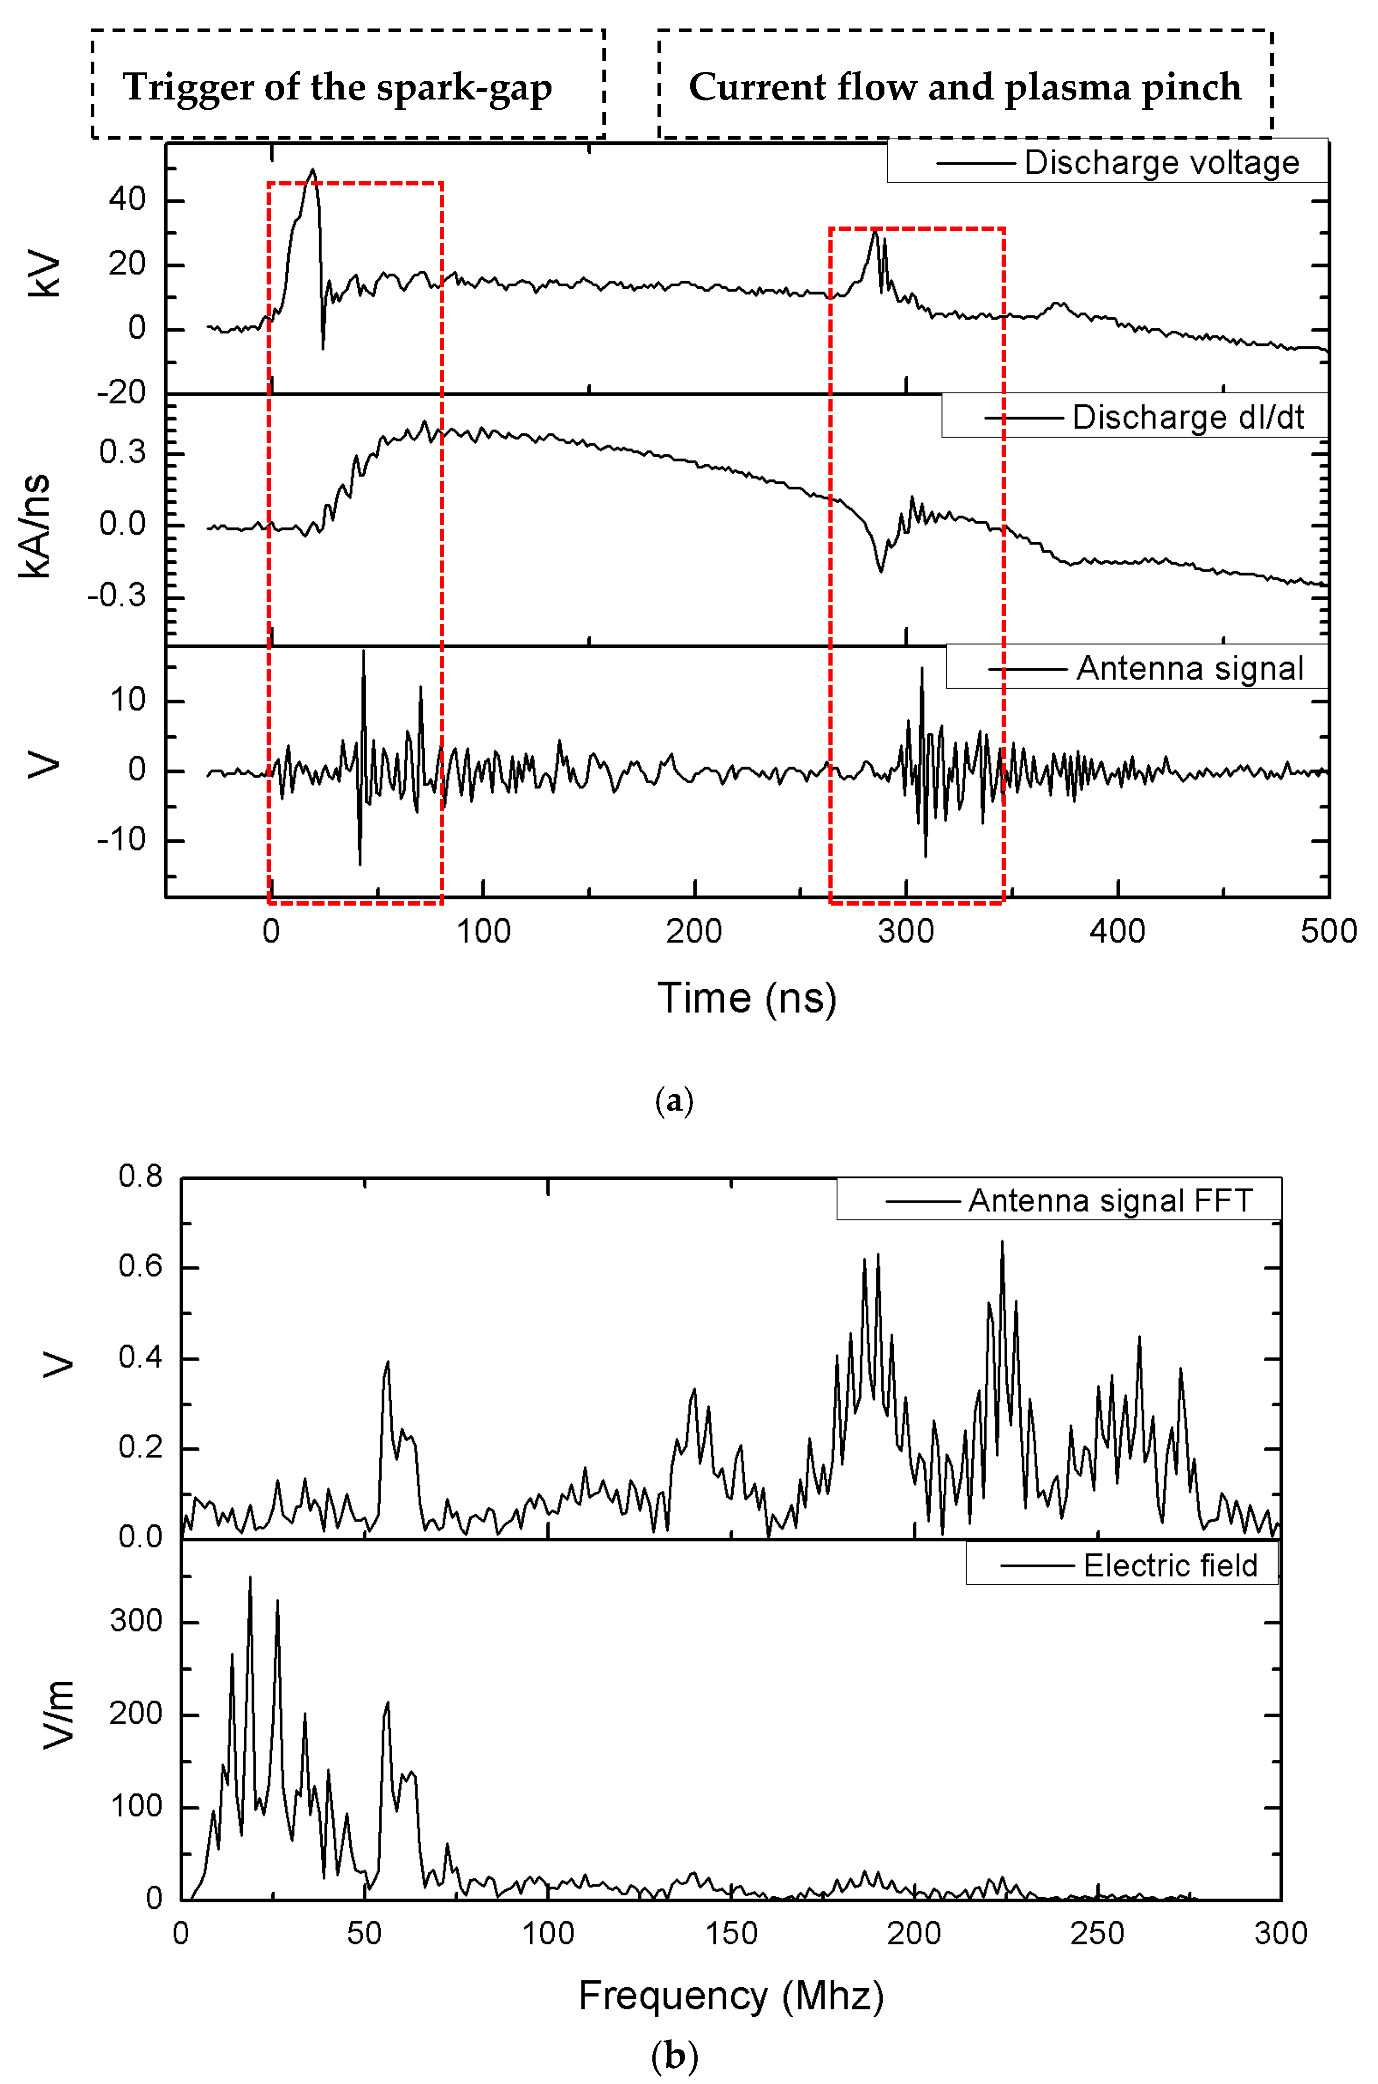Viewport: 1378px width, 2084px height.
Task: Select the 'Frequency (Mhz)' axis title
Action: [730, 1995]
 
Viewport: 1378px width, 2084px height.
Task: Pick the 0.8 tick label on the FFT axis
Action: [141, 1176]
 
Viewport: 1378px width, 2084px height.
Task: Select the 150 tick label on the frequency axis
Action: [731, 1934]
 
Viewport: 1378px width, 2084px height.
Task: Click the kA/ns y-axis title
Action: [37, 525]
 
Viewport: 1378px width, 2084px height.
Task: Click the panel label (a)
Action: [674, 1099]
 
